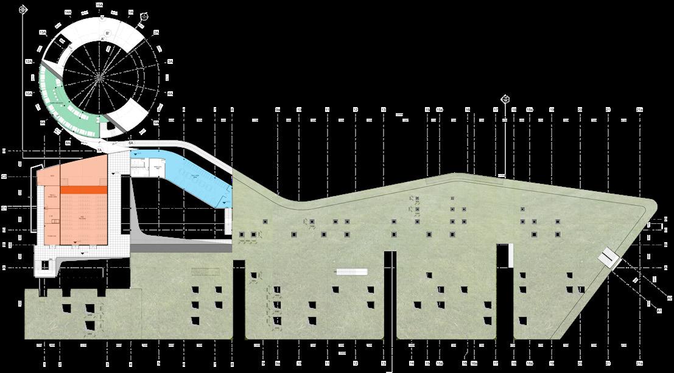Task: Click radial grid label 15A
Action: click(x=99, y=5)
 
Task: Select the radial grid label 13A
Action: click(x=43, y=32)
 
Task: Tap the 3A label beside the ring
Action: click(x=170, y=62)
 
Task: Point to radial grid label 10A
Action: click(x=28, y=94)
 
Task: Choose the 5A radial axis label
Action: click(x=156, y=123)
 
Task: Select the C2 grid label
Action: click(x=4, y=176)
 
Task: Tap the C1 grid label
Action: click(x=4, y=208)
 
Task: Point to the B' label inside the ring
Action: click(x=107, y=33)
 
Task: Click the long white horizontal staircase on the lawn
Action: click(x=352, y=272)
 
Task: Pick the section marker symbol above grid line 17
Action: click(x=505, y=99)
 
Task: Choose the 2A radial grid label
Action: click(x=156, y=32)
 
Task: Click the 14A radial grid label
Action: click(x=68, y=12)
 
